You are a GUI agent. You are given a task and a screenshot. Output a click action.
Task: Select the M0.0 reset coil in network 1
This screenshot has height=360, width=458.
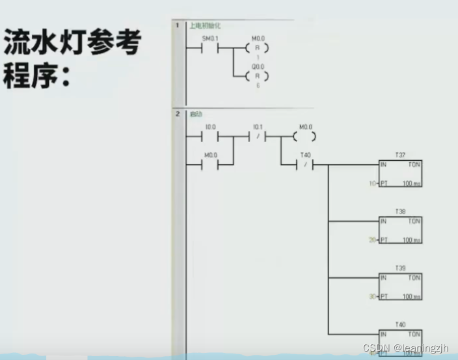pos(258,48)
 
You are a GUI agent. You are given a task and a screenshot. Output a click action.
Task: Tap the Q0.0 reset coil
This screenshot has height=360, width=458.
pos(258,76)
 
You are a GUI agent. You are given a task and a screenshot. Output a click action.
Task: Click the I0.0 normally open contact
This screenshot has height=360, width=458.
pos(209,137)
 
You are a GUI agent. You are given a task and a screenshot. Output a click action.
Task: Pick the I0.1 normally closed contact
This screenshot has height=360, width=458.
pos(258,137)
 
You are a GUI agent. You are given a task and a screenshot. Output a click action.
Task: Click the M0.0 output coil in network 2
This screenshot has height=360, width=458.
pos(304,137)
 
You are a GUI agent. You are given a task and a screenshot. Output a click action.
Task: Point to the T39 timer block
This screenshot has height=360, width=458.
pos(400,286)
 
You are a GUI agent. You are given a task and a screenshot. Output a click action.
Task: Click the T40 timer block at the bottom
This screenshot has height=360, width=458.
pos(400,342)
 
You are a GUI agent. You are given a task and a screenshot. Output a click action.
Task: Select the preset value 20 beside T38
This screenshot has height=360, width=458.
pos(372,240)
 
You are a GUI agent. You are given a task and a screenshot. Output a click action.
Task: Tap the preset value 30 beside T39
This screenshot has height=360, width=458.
pos(372,296)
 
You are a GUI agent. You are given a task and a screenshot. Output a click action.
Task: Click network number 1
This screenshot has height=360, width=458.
pos(177,25)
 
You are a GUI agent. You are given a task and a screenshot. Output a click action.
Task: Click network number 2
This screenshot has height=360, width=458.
pos(177,114)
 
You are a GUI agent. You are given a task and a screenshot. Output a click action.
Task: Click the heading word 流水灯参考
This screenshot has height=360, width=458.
pos(72,44)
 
